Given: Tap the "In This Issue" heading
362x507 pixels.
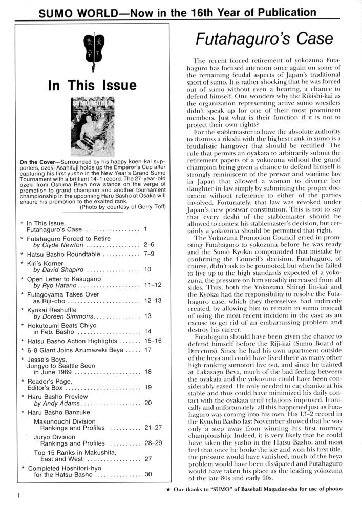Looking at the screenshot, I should (92, 85).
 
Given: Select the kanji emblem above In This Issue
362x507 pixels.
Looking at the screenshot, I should (92, 51).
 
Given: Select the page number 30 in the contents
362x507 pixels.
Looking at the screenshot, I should (148, 474).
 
